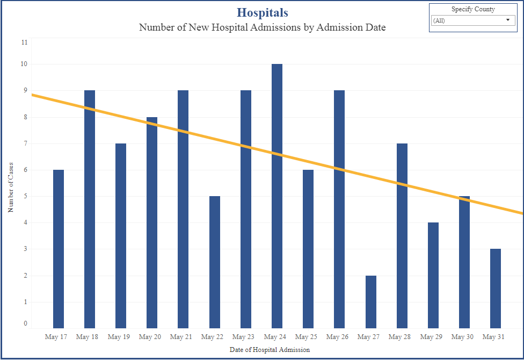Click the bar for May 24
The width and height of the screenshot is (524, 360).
click(276, 215)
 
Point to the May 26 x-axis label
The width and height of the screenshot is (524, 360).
click(337, 337)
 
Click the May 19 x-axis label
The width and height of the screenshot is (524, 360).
click(119, 337)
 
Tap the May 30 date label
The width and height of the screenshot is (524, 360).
click(462, 337)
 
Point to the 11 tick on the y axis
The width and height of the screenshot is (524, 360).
click(24, 42)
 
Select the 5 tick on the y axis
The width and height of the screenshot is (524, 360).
click(24, 197)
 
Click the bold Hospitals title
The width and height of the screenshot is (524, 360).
click(262, 13)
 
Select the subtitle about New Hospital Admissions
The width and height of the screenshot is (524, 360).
click(262, 27)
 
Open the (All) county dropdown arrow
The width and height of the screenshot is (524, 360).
click(507, 20)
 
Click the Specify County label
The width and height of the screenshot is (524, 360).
click(472, 9)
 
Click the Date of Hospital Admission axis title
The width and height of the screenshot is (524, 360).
click(270, 350)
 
